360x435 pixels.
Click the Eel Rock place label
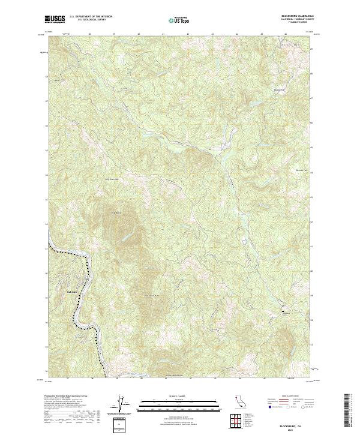pos(70,292)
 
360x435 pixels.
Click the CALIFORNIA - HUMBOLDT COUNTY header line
pos(296,20)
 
